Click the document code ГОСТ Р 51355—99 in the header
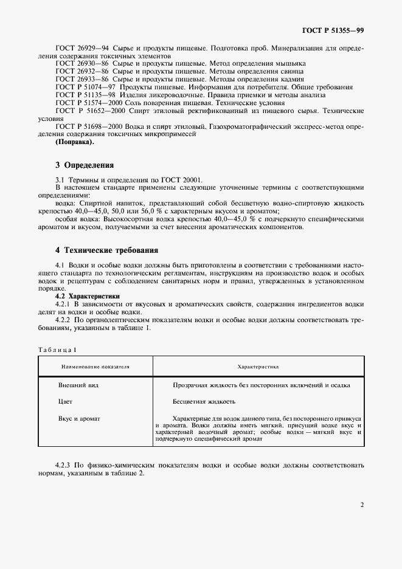click(x=334, y=30)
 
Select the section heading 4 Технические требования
click(x=106, y=249)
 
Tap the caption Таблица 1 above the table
click(x=57, y=350)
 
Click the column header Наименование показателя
click(x=95, y=367)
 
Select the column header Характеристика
click(x=258, y=367)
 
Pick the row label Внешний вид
click(x=78, y=385)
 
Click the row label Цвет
click(x=65, y=401)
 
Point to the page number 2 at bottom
click(x=361, y=504)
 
